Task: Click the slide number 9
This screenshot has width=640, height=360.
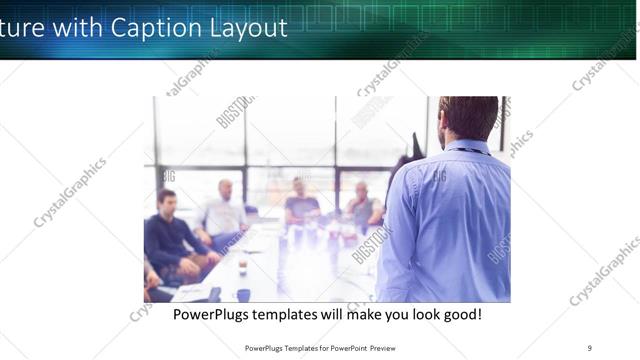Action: (589, 347)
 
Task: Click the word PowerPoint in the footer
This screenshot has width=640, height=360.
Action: (351, 348)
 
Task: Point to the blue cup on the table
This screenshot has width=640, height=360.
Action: (243, 294)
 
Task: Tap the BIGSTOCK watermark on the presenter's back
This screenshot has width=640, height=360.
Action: (440, 177)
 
